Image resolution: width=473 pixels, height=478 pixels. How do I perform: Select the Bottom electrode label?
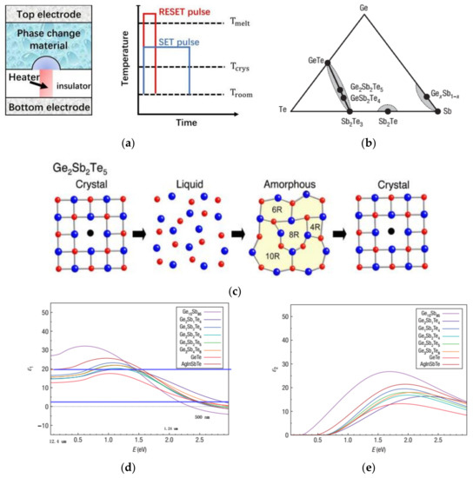(x=50, y=107)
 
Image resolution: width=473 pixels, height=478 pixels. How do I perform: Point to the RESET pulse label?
(x=188, y=14)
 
